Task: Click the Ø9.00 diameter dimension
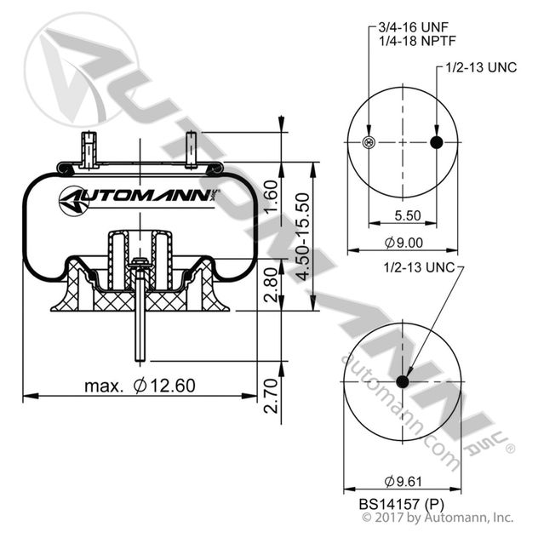coord(403,243)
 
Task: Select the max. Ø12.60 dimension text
coord(140,386)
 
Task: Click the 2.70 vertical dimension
coord(272,396)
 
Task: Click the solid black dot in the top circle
coord(437,142)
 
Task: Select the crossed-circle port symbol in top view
coord(369,142)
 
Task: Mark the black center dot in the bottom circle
coord(403,381)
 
